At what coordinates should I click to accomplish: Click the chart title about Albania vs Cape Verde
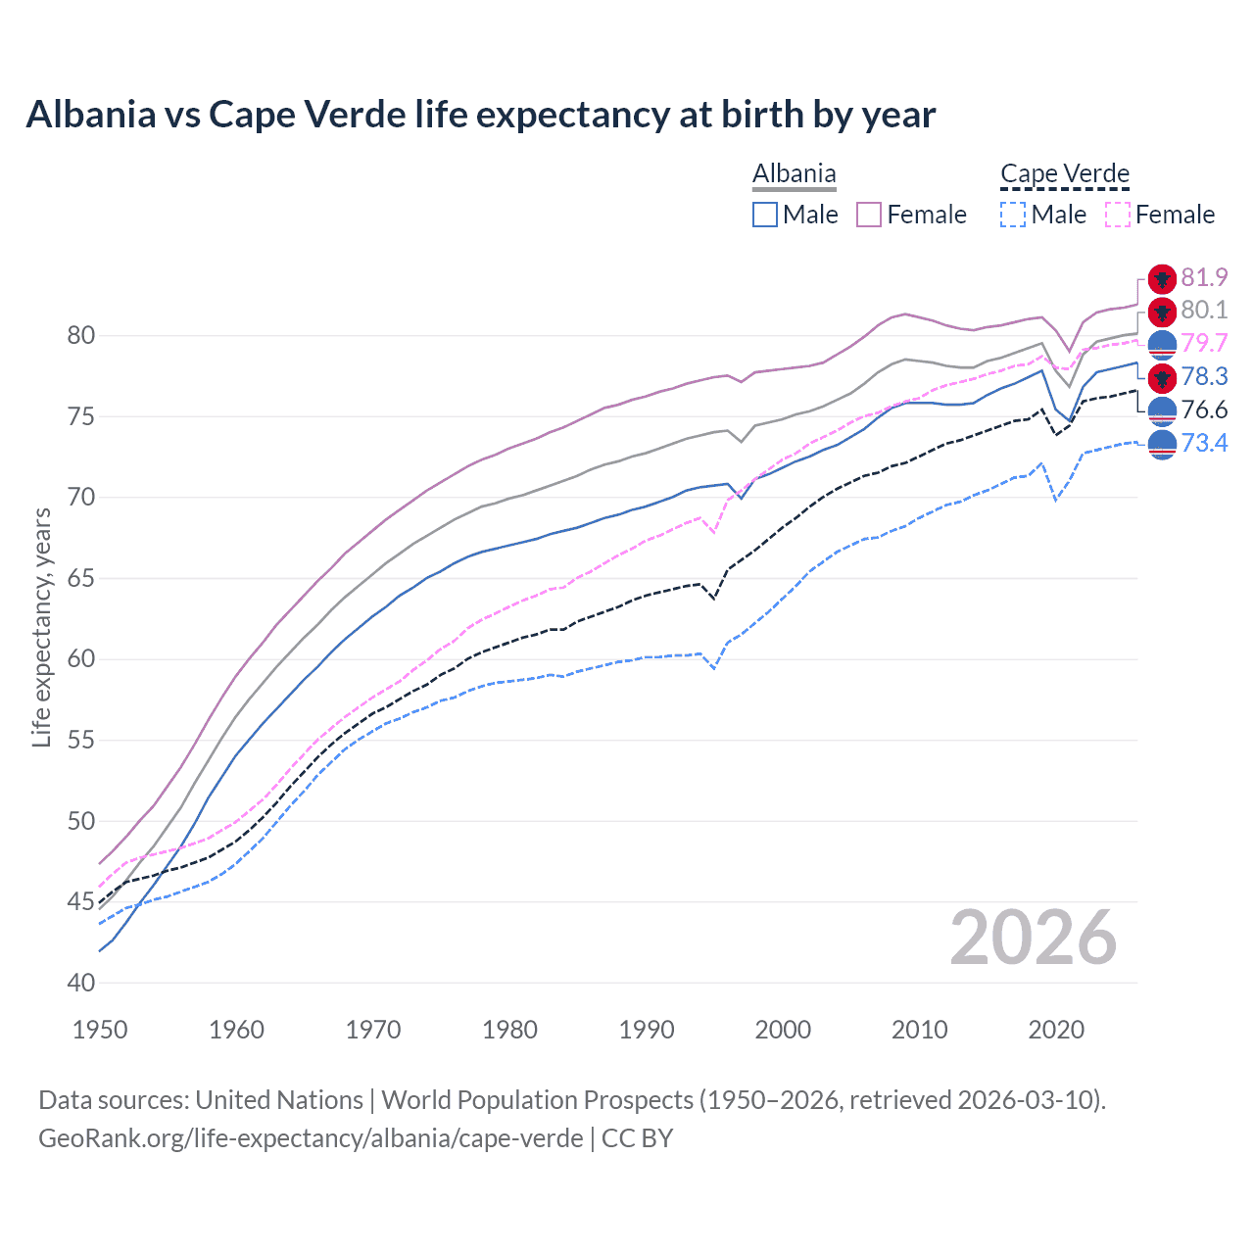pos(480,115)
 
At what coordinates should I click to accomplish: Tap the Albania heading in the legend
pos(794,174)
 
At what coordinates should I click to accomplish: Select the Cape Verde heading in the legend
pos(1065,174)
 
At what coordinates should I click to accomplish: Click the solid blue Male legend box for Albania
pos(765,215)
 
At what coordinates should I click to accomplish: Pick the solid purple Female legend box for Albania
pos(869,215)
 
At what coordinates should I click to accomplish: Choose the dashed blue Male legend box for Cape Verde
pos(1014,215)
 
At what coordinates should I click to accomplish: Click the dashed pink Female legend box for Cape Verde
pos(1118,215)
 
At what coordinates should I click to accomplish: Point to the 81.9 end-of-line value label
pos(1204,278)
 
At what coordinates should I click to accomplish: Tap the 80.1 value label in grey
pos(1204,311)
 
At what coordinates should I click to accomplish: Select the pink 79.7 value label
pos(1204,344)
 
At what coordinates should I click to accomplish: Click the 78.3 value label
pos(1204,377)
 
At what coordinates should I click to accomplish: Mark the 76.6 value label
pos(1204,410)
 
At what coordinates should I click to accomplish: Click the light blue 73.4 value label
pos(1204,444)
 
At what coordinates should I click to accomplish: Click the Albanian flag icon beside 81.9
pos(1162,279)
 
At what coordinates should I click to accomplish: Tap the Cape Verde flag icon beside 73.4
pos(1162,444)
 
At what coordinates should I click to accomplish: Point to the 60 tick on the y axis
pos(81,659)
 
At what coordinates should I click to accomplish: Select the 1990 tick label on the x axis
pos(647,1030)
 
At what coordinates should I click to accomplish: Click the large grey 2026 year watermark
pos(1034,939)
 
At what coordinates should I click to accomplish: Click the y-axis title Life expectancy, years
pos(42,627)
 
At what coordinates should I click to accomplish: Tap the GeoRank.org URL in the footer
pos(311,1138)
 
